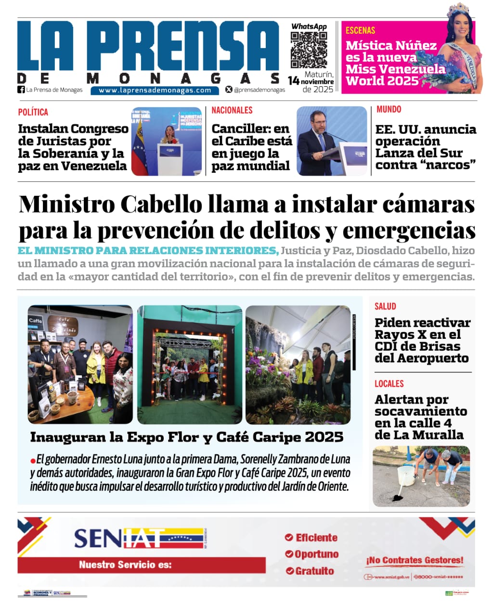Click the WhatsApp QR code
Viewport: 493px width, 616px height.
[309, 50]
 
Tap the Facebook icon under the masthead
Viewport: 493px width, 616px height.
[21, 90]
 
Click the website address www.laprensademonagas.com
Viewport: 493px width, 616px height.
[155, 90]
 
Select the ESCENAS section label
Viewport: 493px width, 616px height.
[360, 30]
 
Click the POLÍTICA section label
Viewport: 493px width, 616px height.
[33, 112]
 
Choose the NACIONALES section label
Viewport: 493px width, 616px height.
[232, 110]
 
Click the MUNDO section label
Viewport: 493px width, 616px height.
[389, 109]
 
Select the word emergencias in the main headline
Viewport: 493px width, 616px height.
[409, 230]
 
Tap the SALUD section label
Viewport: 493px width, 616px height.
[385, 306]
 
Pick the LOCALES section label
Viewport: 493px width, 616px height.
[389, 384]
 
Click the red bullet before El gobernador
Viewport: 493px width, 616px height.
[33, 460]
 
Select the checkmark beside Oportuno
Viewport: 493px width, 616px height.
[289, 554]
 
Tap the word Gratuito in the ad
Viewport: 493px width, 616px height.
[314, 571]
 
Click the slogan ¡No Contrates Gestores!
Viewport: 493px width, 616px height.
[415, 560]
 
